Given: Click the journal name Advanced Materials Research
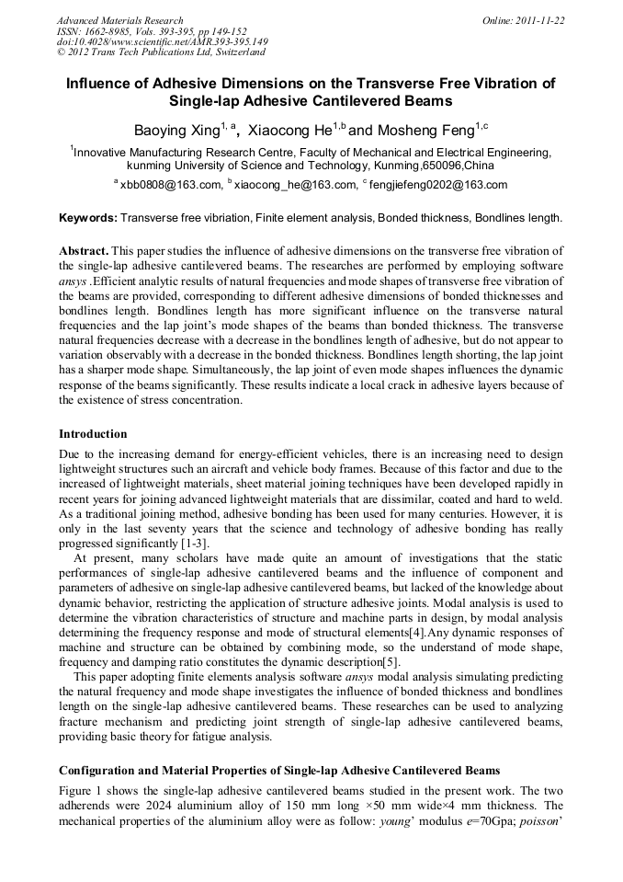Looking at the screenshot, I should [119, 20].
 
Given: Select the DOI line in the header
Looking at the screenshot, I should [162, 42].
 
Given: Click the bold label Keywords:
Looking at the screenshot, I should [88, 218].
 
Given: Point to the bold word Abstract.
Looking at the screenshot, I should [85, 251].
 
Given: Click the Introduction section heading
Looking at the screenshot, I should [93, 433].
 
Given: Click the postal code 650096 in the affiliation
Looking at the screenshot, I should [443, 166].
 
